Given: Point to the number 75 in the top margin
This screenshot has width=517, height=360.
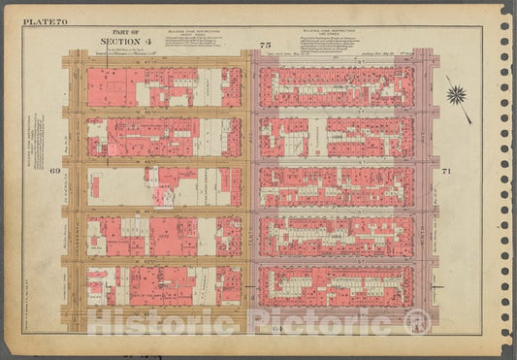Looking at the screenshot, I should [264, 46].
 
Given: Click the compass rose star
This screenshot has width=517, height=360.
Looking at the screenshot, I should [456, 95].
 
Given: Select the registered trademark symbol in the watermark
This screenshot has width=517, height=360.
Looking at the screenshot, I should [417, 321].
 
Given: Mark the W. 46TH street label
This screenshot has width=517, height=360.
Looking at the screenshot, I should [155, 112].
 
